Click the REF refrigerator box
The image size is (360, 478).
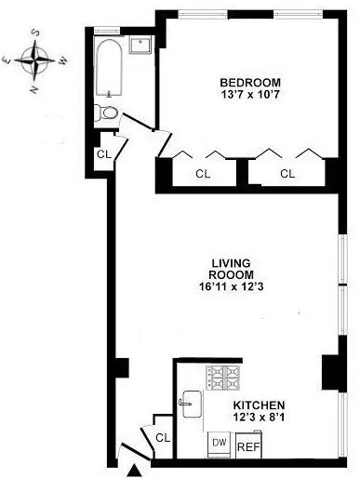249,446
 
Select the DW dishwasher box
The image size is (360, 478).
220,444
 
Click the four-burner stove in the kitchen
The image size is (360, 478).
222,377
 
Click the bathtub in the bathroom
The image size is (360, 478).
109,71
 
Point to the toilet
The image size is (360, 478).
107,113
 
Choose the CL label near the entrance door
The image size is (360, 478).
162,438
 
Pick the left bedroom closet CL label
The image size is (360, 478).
203,173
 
